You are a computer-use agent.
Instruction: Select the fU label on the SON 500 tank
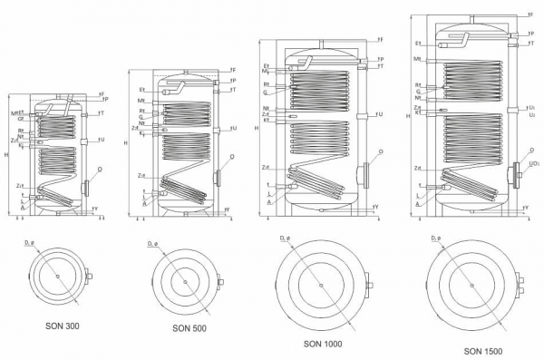click(234, 128)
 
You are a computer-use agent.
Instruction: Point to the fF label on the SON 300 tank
click(101, 92)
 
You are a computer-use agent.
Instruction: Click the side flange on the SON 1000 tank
click(364, 172)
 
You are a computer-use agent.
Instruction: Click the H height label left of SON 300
click(6, 156)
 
